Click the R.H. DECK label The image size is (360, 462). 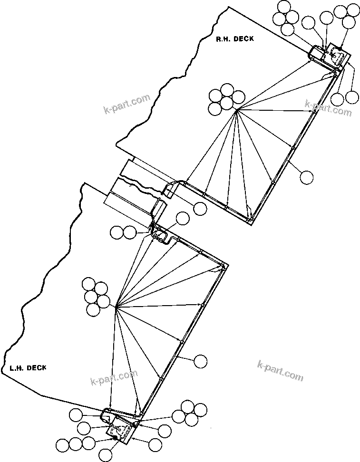point(234,39)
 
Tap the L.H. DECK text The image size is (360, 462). point(28,367)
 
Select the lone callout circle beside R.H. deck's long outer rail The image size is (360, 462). point(307,177)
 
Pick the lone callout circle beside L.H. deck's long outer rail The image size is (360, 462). point(201,361)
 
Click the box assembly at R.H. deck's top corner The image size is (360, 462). point(336,57)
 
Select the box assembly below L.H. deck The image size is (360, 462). point(118,433)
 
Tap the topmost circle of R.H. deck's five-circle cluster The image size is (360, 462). point(227,90)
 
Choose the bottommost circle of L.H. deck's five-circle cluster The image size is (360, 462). point(94,310)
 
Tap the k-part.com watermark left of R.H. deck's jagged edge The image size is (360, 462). point(126,105)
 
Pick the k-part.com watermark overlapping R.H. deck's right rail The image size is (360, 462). point(328,107)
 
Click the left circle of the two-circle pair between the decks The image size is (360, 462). point(117,232)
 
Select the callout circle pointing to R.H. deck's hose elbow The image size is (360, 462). point(200,208)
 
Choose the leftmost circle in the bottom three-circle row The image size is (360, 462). point(62,445)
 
